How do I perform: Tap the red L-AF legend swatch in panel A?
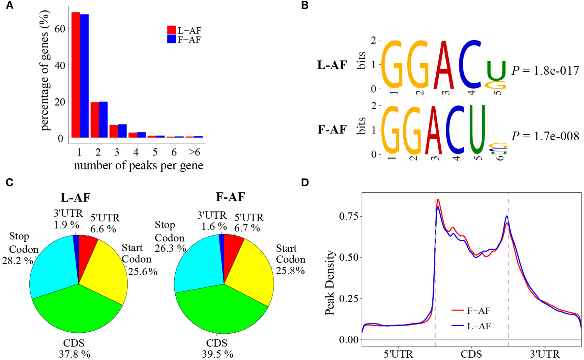coord(171,30)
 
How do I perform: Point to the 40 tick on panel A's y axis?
coord(60,65)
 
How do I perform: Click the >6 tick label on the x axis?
coord(194,152)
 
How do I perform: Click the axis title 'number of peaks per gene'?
coord(138,165)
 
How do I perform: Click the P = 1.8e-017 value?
coord(545,71)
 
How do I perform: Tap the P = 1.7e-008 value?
coord(545,136)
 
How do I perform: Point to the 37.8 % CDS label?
coord(74,354)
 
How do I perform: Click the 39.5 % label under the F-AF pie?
coord(218,354)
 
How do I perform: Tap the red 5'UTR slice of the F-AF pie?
coord(232,250)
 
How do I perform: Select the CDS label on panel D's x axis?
coord(471,354)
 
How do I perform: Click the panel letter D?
coord(305,182)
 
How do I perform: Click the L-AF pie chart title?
coord(75,197)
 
